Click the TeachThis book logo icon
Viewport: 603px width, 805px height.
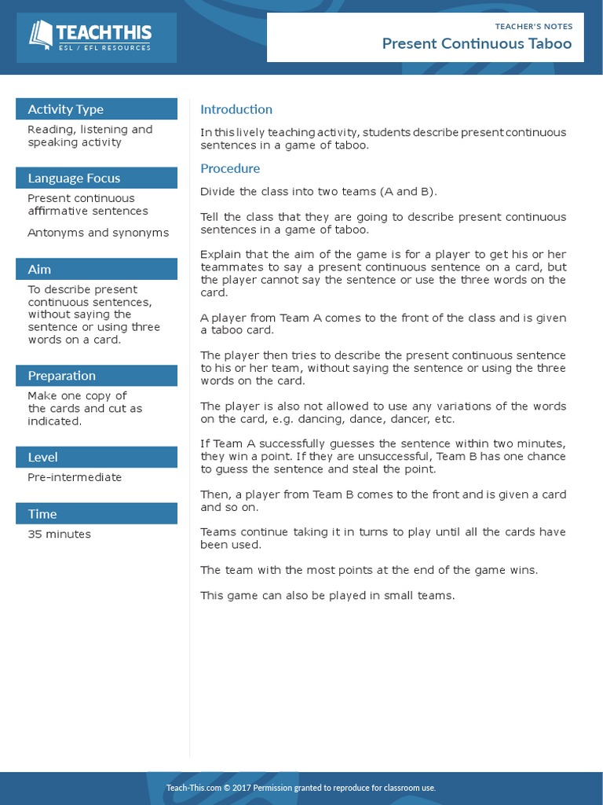pyautogui.click(x=41, y=34)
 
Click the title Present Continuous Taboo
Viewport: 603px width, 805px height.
pyautogui.click(x=477, y=43)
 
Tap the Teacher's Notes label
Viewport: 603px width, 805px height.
pyautogui.click(x=534, y=26)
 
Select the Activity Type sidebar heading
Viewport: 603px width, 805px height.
pyautogui.click(x=65, y=109)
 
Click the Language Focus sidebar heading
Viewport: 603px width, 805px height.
pyautogui.click(x=74, y=178)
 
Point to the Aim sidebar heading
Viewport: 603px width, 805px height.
pyautogui.click(x=39, y=270)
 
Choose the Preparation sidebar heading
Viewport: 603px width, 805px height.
pyautogui.click(x=61, y=376)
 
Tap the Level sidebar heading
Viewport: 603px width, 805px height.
pyautogui.click(x=42, y=458)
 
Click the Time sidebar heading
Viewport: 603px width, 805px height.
pyautogui.click(x=42, y=514)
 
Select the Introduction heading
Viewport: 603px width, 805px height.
pyautogui.click(x=236, y=109)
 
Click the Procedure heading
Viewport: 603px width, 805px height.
pyautogui.click(x=230, y=168)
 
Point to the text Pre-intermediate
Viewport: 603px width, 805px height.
pyautogui.click(x=75, y=477)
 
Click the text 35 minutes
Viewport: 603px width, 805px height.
pyautogui.click(x=59, y=534)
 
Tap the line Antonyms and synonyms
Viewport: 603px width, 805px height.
pyautogui.click(x=98, y=233)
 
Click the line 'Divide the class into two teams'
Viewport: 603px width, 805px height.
pyautogui.click(x=319, y=191)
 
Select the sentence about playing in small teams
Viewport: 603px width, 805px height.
pyautogui.click(x=327, y=595)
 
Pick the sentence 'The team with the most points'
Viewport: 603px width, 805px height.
pyautogui.click(x=369, y=570)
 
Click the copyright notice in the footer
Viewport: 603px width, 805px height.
pyautogui.click(x=301, y=788)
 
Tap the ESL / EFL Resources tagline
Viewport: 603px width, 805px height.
pyautogui.click(x=104, y=49)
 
